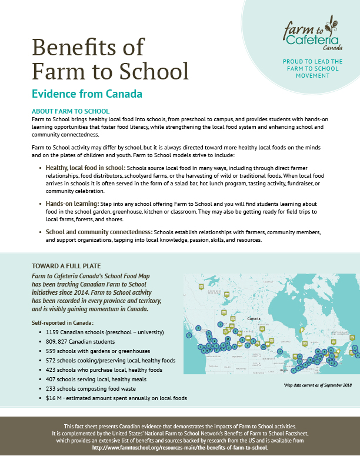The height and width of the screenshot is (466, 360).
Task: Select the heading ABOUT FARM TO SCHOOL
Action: pyautogui.click(x=70, y=111)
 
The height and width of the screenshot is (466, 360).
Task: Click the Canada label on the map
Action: pyautogui.click(x=254, y=318)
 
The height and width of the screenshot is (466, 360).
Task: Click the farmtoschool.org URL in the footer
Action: pyautogui.click(x=179, y=447)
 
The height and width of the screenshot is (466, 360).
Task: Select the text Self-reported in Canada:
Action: pyautogui.click(x=63, y=323)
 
